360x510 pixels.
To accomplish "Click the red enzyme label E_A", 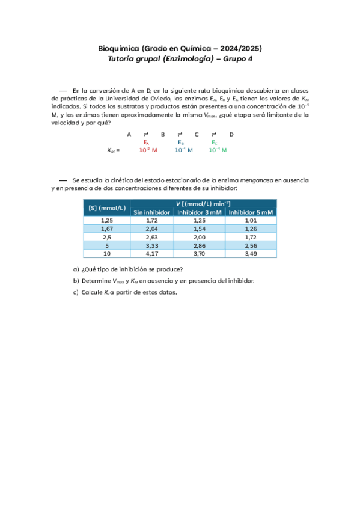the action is (x=146, y=142).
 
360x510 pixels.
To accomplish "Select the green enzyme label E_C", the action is (x=215, y=142).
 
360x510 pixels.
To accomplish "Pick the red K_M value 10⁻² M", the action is (x=148, y=150).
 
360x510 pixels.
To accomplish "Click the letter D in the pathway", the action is (x=231, y=134).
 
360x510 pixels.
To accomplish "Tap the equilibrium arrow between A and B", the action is (x=146, y=134).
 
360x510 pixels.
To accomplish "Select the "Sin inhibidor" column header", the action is (x=152, y=212).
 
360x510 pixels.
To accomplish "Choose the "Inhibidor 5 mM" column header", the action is (x=251, y=212).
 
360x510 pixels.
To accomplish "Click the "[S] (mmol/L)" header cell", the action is (x=107, y=207).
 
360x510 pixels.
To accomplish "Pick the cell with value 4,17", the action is (x=152, y=254).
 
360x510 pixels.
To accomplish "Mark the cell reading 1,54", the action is (x=200, y=229).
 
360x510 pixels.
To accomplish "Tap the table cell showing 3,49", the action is (x=251, y=254).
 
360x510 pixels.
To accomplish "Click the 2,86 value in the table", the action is (x=200, y=246).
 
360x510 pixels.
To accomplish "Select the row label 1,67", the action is (x=107, y=229).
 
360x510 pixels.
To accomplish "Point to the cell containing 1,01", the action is (x=251, y=220).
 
